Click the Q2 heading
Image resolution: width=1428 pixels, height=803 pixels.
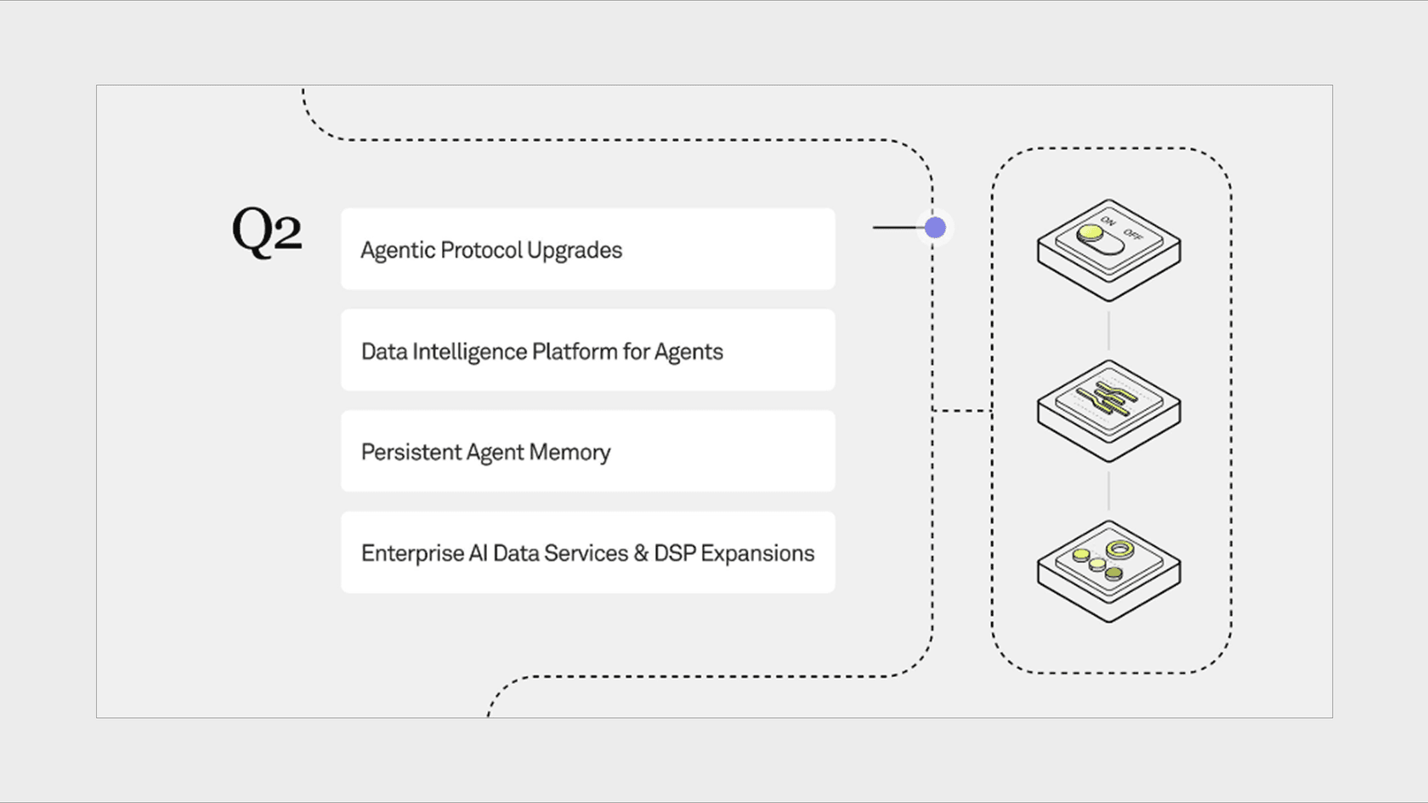(x=267, y=231)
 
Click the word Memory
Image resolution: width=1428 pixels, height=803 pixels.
(x=569, y=452)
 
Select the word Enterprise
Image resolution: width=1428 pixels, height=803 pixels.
(x=412, y=553)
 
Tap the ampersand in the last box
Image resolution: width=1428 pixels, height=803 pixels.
(x=642, y=553)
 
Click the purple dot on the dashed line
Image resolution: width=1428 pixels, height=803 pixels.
(x=935, y=228)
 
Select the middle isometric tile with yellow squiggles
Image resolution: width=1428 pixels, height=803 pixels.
(x=1108, y=409)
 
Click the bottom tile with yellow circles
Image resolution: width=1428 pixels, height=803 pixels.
(x=1108, y=570)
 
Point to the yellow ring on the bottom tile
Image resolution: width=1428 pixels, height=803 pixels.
(x=1119, y=550)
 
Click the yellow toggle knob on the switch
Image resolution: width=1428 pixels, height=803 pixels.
(x=1090, y=233)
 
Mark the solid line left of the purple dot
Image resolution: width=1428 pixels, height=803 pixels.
(x=898, y=228)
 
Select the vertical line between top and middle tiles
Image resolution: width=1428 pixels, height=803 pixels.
(x=1108, y=330)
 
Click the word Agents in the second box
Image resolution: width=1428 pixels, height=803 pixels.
(x=688, y=351)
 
